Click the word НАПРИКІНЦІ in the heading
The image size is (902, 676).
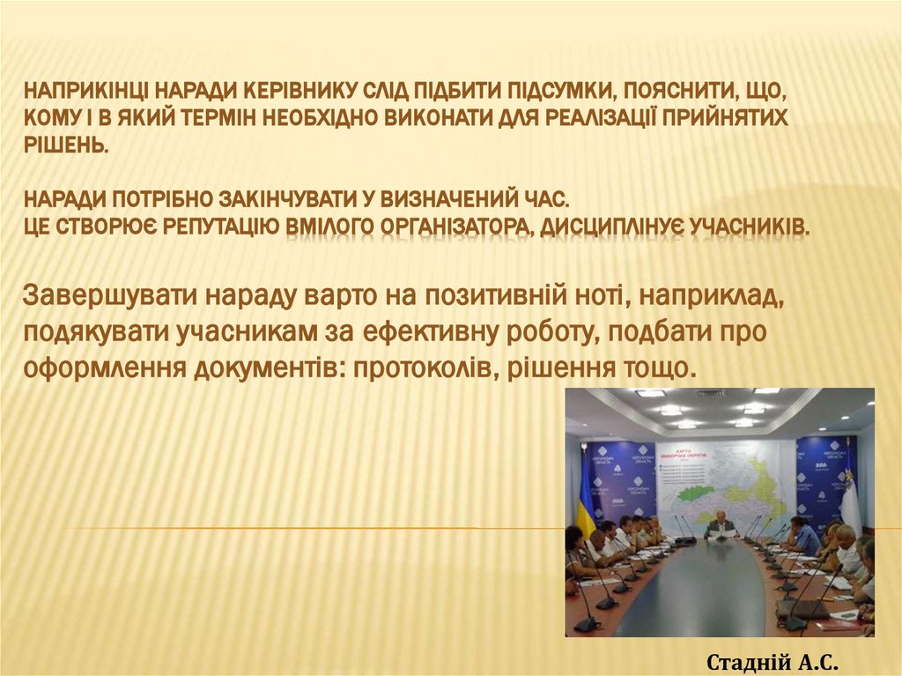tap(85, 90)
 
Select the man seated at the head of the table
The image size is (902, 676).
tap(721, 523)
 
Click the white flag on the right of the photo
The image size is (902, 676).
tap(851, 502)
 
